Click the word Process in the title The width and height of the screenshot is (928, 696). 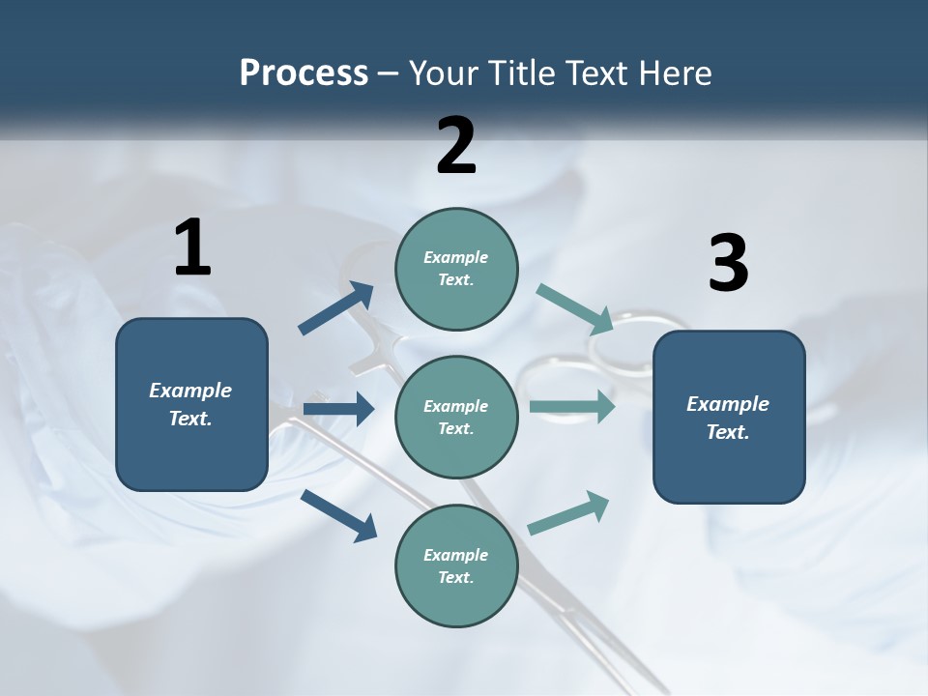point(304,73)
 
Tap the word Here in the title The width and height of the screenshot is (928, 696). point(673,73)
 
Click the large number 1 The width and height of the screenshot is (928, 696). point(192,248)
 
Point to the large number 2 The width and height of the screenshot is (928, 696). point(456,146)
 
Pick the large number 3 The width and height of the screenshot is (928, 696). point(728,263)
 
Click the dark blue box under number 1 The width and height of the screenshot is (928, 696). point(191,404)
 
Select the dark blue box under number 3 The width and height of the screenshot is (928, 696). point(729,417)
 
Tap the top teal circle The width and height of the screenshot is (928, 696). point(456,269)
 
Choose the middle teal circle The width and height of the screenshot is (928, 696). point(456,417)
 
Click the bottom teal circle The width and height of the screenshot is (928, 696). point(456,565)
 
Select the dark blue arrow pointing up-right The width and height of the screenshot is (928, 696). point(336,308)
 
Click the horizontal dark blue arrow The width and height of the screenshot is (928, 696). point(338,409)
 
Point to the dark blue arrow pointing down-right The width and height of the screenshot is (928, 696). point(338,514)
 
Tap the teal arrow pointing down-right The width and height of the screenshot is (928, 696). point(574,309)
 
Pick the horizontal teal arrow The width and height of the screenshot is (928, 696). point(572,406)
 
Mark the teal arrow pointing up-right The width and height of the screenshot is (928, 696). point(568,513)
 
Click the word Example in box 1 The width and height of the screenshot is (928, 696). point(190,391)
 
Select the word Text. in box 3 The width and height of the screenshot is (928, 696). point(728,432)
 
